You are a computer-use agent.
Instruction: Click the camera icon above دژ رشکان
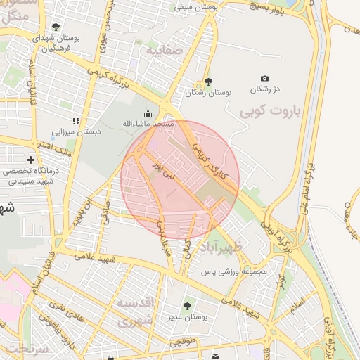point(264,78)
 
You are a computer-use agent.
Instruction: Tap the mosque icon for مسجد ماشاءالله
point(148,113)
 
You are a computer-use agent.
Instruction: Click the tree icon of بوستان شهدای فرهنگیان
point(56,27)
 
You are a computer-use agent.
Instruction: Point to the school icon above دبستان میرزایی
point(76,121)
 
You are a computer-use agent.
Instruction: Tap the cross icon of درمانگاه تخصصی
point(30,160)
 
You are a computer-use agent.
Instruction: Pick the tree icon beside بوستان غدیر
point(186,306)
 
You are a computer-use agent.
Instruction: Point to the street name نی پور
point(162,169)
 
